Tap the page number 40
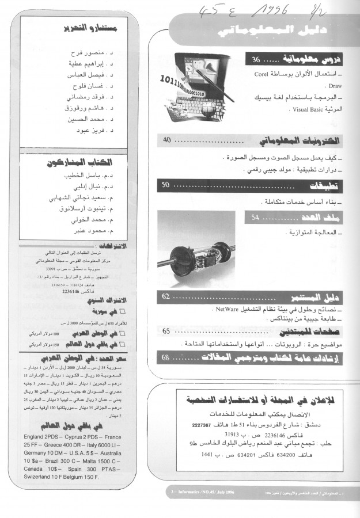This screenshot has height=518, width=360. coord(167,140)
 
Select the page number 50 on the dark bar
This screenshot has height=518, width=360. coord(165,185)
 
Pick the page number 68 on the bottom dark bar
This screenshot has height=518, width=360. coord(165,357)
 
